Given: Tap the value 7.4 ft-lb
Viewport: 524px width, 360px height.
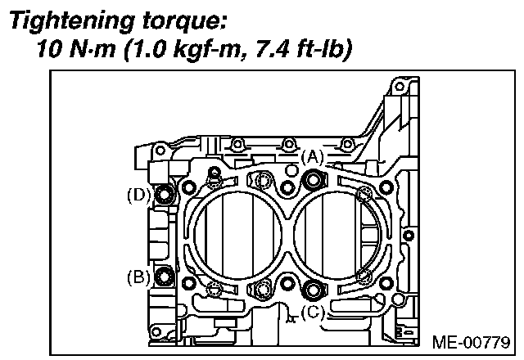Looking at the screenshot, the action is [x=300, y=51].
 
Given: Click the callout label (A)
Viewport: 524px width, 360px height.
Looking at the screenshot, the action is [x=313, y=155].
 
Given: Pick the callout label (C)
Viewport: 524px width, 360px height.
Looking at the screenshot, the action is [x=311, y=312].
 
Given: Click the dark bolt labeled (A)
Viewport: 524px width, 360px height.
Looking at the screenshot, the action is [x=311, y=181].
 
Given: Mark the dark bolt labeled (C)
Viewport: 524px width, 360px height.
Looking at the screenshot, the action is [x=312, y=288].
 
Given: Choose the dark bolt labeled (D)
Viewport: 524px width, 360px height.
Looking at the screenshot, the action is [x=164, y=195].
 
